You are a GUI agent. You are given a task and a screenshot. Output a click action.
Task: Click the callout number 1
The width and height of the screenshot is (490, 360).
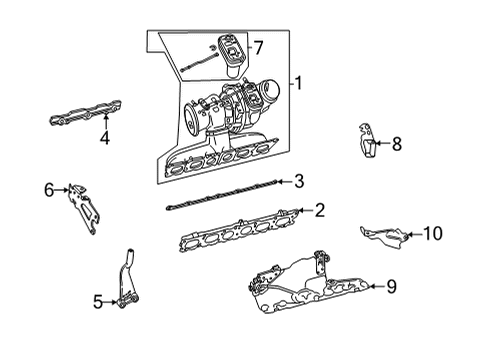point(298,83)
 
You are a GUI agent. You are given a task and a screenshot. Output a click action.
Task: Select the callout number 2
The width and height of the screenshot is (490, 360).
point(319,210)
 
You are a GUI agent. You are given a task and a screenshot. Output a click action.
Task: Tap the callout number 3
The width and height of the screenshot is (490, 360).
point(299,181)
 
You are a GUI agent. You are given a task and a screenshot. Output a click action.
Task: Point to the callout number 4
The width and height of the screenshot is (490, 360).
point(105,138)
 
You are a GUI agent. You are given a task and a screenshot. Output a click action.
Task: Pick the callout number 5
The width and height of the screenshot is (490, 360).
point(98,302)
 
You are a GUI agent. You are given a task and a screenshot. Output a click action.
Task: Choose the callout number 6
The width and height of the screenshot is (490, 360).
point(49,190)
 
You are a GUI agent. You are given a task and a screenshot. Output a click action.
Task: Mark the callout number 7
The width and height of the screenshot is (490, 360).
point(258,48)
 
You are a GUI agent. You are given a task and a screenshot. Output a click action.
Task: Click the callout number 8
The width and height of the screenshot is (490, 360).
point(397,144)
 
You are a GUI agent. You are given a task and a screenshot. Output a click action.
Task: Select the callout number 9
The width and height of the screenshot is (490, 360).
point(391,286)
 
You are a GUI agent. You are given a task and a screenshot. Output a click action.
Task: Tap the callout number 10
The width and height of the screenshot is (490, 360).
point(432,234)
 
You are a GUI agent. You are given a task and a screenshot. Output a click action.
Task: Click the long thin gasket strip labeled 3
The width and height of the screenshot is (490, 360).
point(222,194)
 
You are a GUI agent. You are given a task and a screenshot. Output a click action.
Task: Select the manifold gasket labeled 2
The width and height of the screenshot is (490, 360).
point(239,230)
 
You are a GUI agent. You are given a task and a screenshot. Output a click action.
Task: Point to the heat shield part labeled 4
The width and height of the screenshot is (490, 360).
point(85,113)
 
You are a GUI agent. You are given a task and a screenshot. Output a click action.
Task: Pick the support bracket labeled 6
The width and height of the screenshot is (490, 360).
point(83,208)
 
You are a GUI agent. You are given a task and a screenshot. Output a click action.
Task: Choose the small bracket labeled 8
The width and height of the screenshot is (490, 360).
point(368,140)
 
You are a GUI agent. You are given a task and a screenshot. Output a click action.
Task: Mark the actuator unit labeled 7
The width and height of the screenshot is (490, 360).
point(230,55)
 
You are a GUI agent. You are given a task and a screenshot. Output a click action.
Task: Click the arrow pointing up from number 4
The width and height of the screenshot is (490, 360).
point(106,121)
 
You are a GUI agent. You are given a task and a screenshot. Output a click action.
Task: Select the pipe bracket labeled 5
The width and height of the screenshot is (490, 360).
point(128,279)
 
